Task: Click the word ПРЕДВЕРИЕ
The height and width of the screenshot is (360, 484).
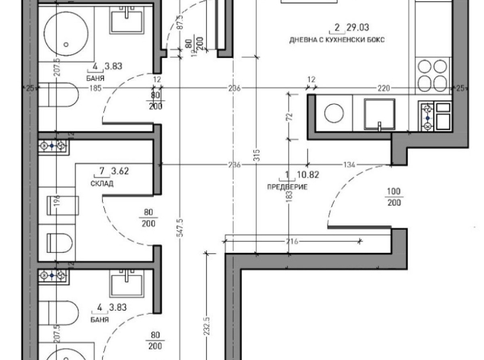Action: pos(287,187)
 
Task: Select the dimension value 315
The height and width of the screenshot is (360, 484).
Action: pos(256,156)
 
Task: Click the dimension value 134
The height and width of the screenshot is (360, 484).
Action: pos(349,165)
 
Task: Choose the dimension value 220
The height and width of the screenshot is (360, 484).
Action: pos(382,89)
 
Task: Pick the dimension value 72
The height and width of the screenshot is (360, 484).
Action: pos(289,117)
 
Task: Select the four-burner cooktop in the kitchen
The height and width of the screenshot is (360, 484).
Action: pos(432,74)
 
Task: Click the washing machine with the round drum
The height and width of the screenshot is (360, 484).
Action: pos(334,114)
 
